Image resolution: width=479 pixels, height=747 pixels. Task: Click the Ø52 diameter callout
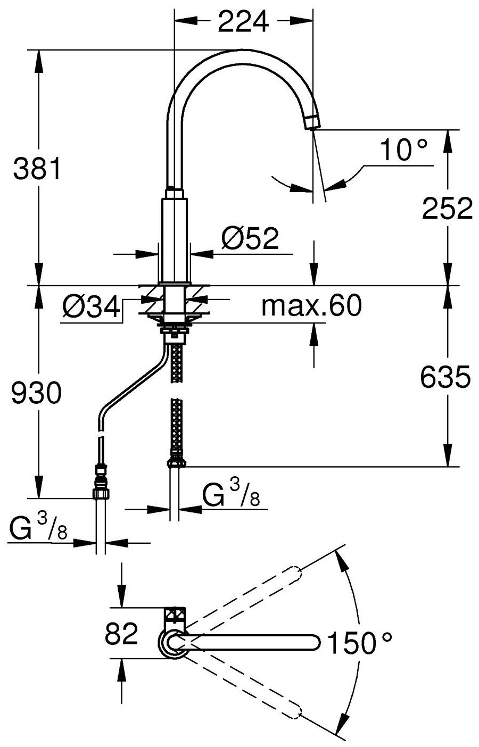pyautogui.click(x=250, y=240)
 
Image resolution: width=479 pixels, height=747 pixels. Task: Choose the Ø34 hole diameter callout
pyautogui.click(x=89, y=308)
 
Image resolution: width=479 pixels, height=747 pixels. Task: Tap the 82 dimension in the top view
pyautogui.click(x=122, y=634)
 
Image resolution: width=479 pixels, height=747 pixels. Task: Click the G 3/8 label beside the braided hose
pyautogui.click(x=231, y=497)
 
